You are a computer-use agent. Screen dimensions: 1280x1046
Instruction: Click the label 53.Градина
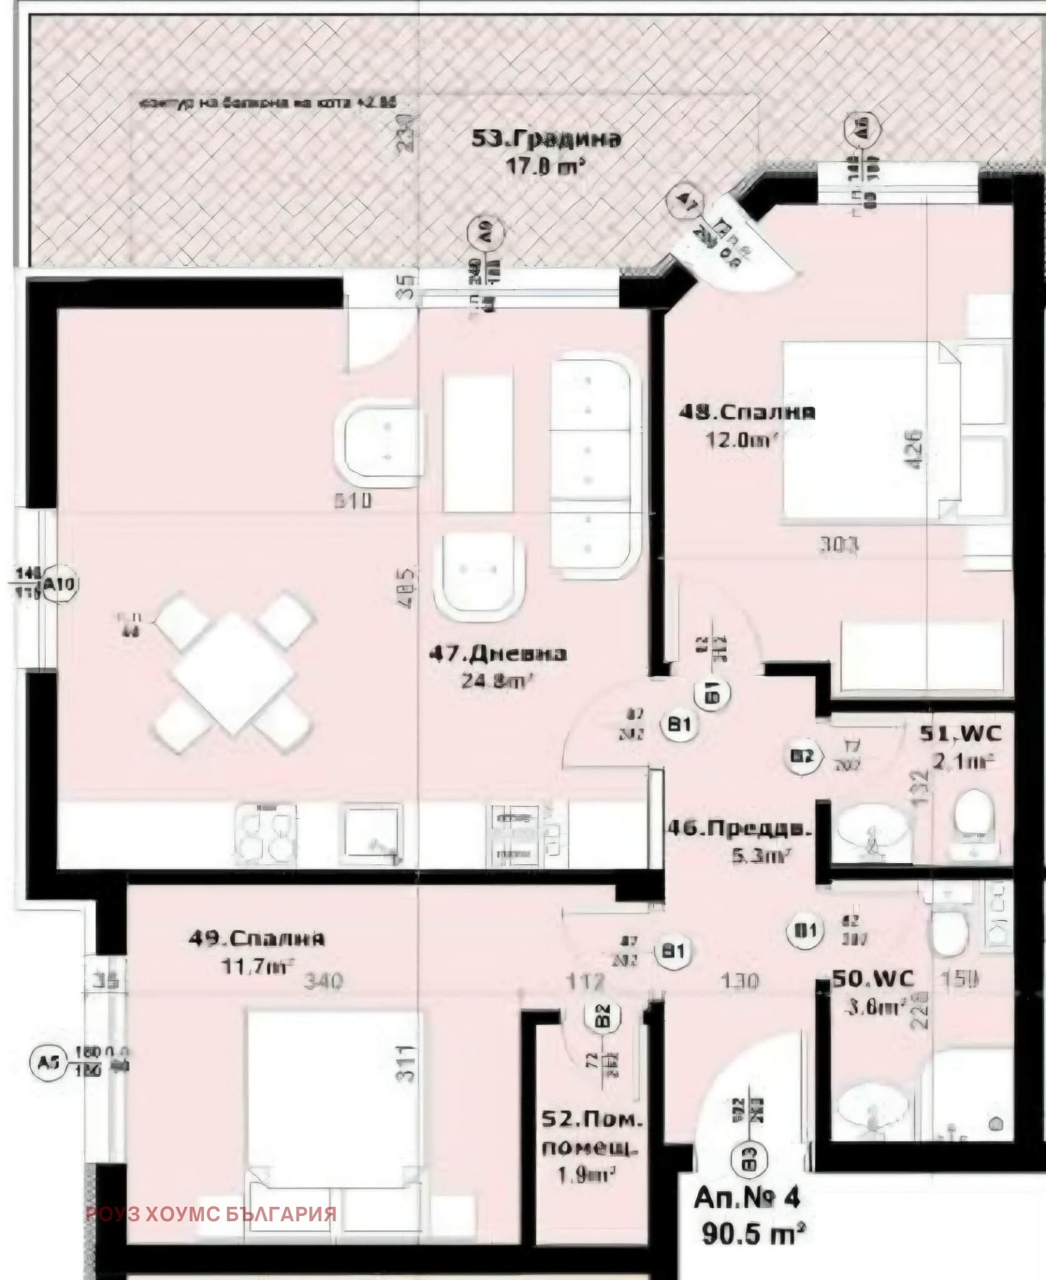coord(546,139)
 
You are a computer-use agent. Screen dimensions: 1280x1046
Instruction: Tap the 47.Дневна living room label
coord(498,653)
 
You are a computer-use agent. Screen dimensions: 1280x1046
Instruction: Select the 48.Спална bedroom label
coord(747,412)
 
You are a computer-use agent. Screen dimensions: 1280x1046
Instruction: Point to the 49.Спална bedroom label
coord(256,938)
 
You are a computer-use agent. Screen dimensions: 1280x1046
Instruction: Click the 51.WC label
coord(960,733)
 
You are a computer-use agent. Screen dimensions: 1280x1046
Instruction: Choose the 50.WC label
coord(873,978)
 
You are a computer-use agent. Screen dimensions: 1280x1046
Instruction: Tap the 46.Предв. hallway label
coord(739,829)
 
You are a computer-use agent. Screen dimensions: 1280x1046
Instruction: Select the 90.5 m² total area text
coord(752,1234)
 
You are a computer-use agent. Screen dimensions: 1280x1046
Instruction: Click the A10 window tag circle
coord(60,583)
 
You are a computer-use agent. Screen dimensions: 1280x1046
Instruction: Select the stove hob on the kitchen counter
coord(265,836)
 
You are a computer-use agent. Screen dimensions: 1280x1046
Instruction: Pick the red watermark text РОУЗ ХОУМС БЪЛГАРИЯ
coord(211,1214)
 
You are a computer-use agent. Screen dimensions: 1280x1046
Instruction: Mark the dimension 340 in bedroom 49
coord(324,981)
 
